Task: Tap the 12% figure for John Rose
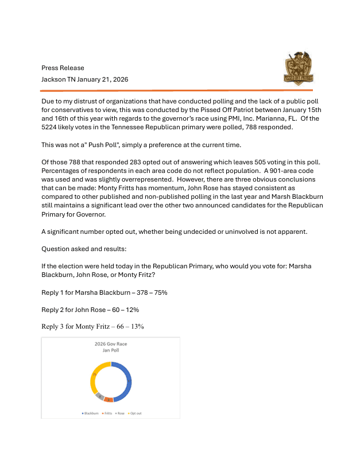click(132, 310)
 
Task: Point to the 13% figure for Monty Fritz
click(136, 326)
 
